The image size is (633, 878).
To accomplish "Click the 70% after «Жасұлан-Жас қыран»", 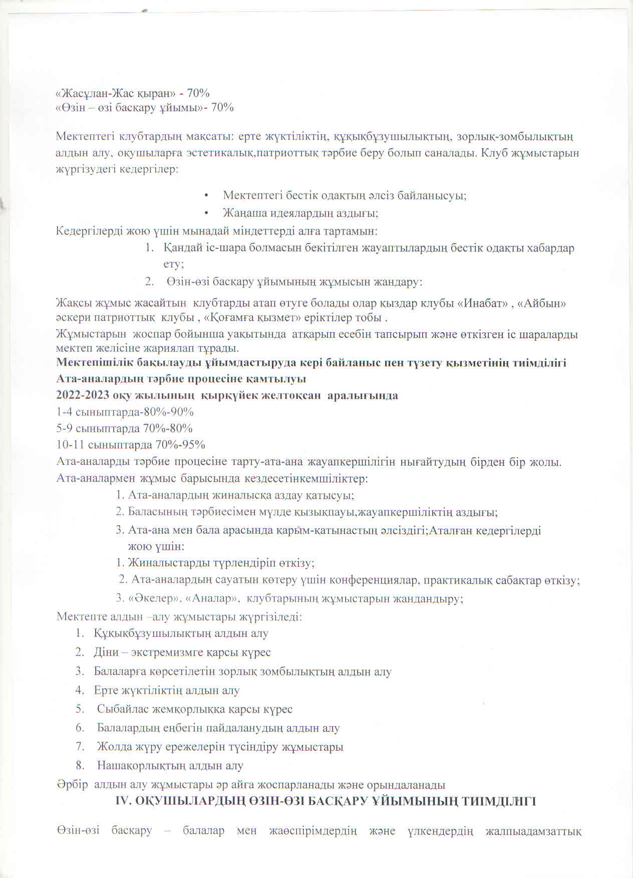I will [198, 93].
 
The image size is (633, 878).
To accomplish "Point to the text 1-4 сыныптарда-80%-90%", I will [125, 412].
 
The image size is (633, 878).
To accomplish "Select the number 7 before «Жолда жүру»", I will [80, 747].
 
